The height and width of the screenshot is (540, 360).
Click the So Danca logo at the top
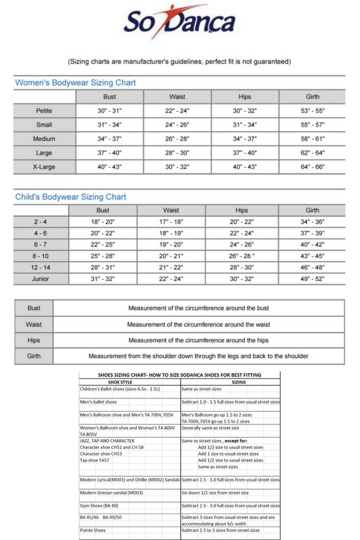[x=179, y=23]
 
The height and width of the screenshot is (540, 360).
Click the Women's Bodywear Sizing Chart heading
[x=75, y=83]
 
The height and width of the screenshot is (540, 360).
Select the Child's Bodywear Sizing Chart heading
[x=71, y=197]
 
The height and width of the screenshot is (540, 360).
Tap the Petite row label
[x=44, y=111]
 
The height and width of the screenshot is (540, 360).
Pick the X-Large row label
[x=44, y=167]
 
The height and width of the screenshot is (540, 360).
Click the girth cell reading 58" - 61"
[x=312, y=139]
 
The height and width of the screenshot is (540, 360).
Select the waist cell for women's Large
[x=177, y=153]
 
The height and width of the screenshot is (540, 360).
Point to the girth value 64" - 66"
[x=312, y=167]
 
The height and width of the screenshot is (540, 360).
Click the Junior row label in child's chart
[x=41, y=279]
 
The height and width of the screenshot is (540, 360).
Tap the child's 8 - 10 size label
[x=41, y=256]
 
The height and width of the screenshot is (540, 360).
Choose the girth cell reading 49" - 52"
[x=312, y=279]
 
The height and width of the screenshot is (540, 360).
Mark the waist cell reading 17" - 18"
[x=171, y=222]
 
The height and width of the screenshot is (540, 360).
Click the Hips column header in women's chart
[x=245, y=97]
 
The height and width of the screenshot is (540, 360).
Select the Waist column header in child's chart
[x=171, y=210]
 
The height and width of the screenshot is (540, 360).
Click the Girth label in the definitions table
[x=34, y=356]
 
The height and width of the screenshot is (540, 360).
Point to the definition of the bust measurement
[x=198, y=308]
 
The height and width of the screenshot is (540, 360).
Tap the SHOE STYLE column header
[x=120, y=382]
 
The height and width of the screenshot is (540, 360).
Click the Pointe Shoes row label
[x=93, y=531]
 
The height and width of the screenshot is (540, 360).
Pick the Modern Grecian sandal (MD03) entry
[x=112, y=493]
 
